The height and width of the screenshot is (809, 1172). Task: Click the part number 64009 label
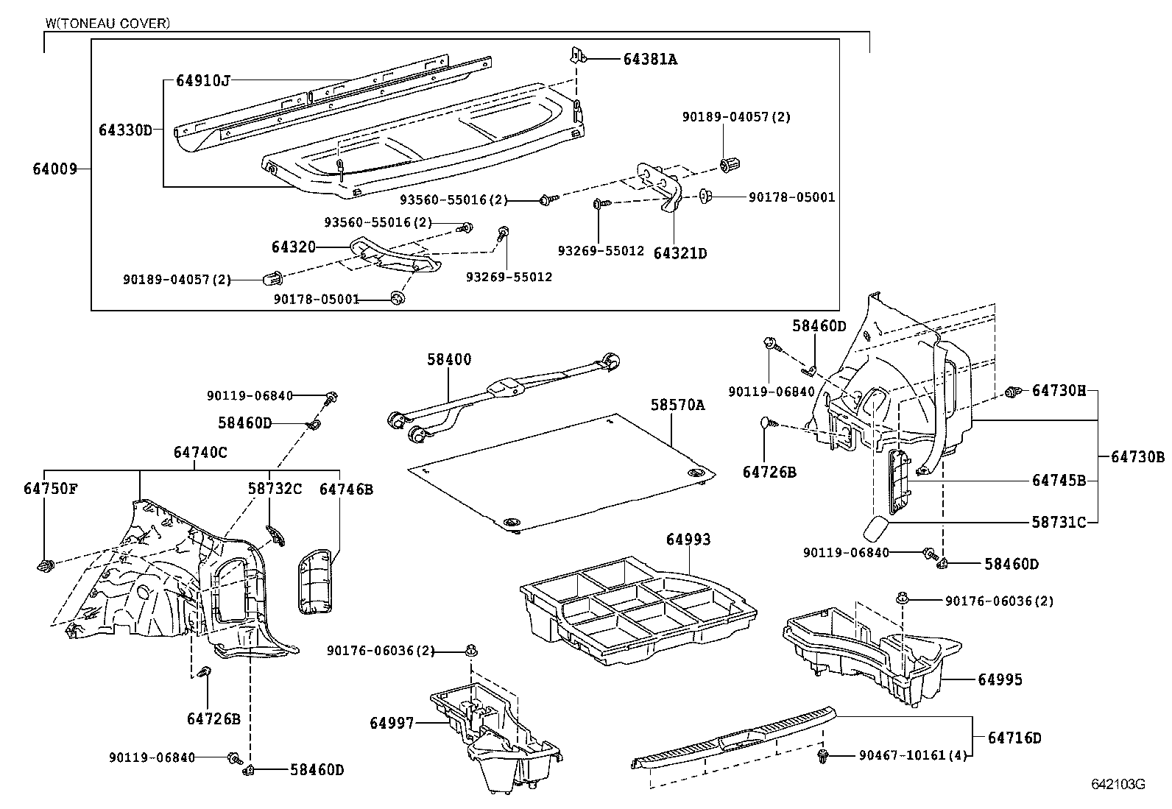54,169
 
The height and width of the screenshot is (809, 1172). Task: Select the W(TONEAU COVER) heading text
107,24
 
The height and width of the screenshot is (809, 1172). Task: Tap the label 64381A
650,60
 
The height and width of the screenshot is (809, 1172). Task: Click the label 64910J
203,80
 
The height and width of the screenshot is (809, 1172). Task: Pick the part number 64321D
680,253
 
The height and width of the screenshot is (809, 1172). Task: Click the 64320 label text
293,247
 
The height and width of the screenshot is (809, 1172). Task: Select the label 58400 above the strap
449,359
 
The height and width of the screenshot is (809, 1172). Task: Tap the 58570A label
677,405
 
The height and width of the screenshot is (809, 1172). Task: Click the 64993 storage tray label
688,540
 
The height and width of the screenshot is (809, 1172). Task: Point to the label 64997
392,724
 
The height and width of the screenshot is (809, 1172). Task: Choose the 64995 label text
1000,679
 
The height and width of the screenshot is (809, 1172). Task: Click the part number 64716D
1014,738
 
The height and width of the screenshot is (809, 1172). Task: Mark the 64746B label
346,489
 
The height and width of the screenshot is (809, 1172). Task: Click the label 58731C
1059,522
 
